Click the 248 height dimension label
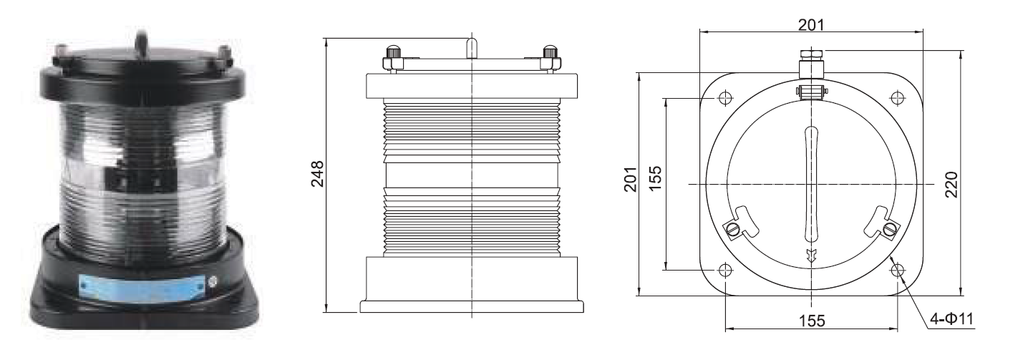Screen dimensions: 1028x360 coord(318,174)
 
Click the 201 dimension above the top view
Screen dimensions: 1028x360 coord(811,25)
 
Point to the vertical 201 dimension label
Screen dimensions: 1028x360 coord(631,179)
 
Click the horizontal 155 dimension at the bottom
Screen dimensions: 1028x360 coord(812,321)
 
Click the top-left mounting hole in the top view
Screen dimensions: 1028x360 coord(725,97)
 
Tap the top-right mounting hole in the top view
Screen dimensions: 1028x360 coord(897,97)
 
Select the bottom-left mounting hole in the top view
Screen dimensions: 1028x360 coord(725,270)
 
